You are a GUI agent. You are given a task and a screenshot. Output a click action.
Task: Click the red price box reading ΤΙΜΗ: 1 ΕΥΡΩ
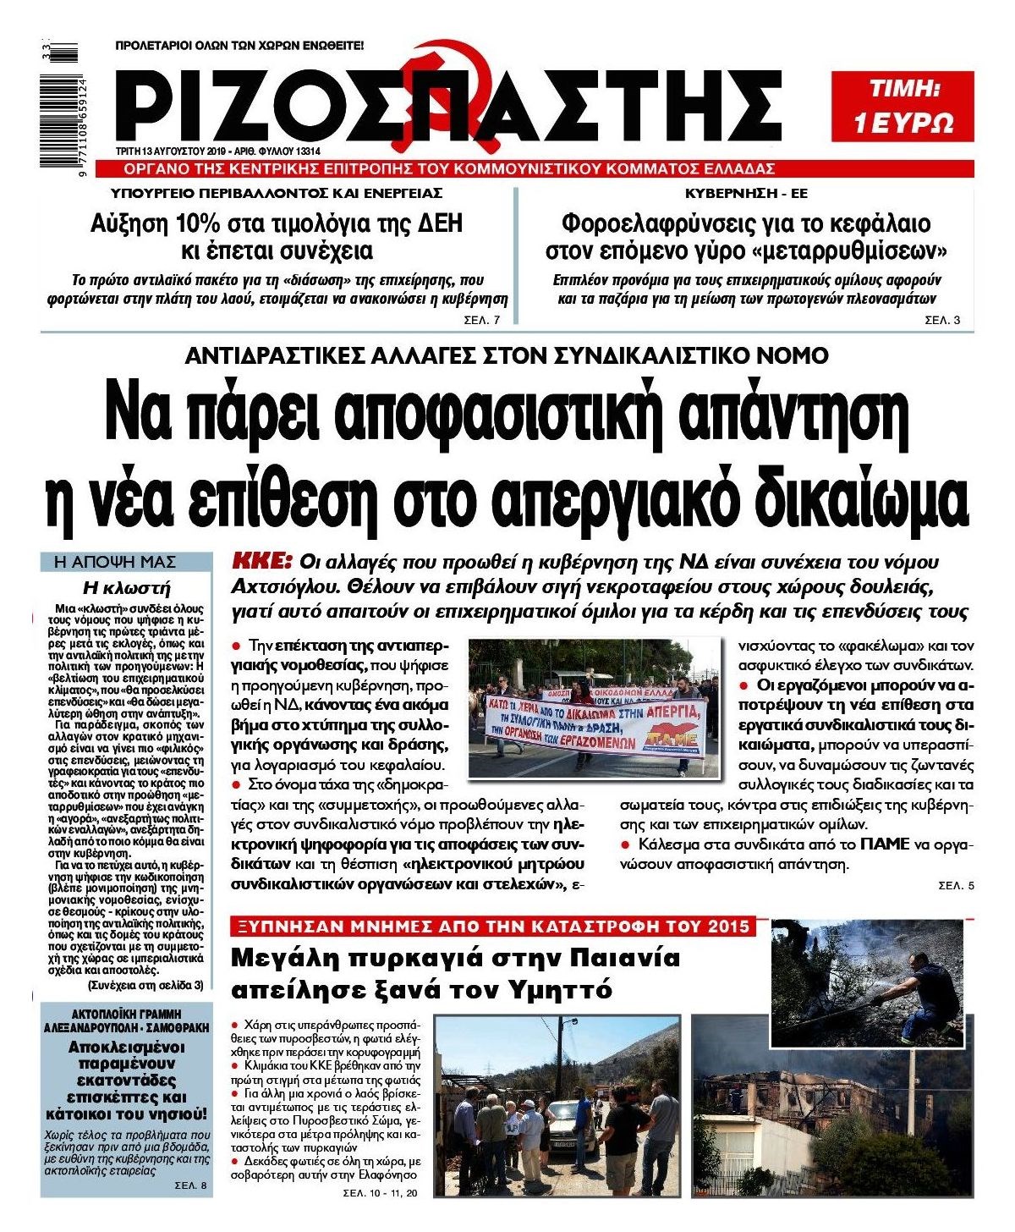click(903, 106)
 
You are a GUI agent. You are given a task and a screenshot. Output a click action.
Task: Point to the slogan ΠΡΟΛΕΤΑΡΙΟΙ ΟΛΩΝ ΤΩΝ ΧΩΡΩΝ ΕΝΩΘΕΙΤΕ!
click(239, 45)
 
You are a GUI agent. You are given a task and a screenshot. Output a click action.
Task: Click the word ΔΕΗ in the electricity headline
click(434, 224)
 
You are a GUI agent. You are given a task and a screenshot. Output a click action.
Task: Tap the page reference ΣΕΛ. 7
click(482, 321)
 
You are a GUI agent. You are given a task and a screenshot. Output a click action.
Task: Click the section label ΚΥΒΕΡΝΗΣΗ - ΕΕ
click(746, 193)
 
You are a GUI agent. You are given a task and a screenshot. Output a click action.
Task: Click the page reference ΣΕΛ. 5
click(956, 886)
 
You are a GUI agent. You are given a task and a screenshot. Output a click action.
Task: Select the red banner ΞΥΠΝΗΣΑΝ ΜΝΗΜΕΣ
click(491, 927)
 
